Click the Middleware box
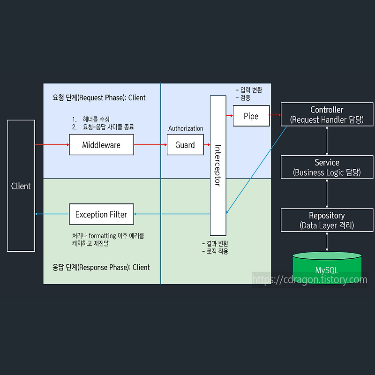tap(101, 145)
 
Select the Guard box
tap(185, 145)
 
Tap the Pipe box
tap(251, 116)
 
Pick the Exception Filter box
tap(101, 214)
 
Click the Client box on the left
tap(21, 186)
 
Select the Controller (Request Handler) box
tap(327, 114)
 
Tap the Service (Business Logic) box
tap(327, 167)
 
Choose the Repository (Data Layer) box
tap(327, 220)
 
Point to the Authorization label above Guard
tap(186, 128)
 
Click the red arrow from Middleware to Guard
tap(150, 145)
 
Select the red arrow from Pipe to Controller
tap(275, 114)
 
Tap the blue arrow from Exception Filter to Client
tap(52, 214)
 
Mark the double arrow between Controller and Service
tap(327, 141)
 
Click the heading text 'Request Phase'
tap(99, 97)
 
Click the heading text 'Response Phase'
tap(101, 267)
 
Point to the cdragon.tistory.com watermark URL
tap(310, 280)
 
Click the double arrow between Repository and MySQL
tap(327, 242)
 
